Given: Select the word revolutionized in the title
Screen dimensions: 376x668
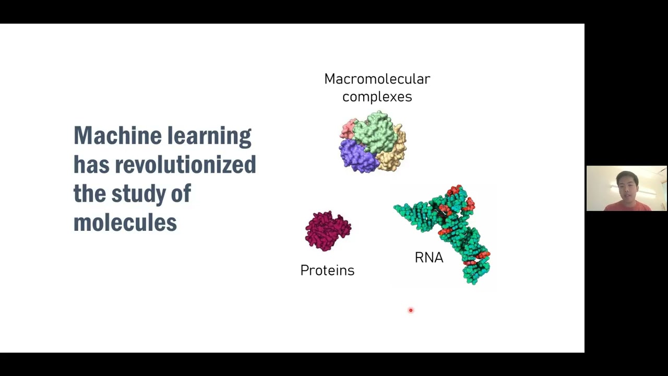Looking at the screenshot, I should point(185,165).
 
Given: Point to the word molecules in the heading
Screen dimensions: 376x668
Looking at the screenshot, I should point(125,223).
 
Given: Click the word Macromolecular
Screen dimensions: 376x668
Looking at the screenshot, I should point(377,79).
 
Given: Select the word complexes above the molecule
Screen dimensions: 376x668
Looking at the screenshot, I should point(377,97).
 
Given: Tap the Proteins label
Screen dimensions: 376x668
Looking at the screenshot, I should point(327,271).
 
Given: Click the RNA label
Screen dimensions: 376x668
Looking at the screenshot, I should point(428,257).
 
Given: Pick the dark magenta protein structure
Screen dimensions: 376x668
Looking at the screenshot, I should point(328,231).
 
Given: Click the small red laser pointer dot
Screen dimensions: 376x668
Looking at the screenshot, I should point(411,310).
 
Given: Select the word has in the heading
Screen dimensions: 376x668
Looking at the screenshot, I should point(91,165).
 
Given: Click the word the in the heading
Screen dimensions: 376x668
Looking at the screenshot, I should point(89,194).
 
